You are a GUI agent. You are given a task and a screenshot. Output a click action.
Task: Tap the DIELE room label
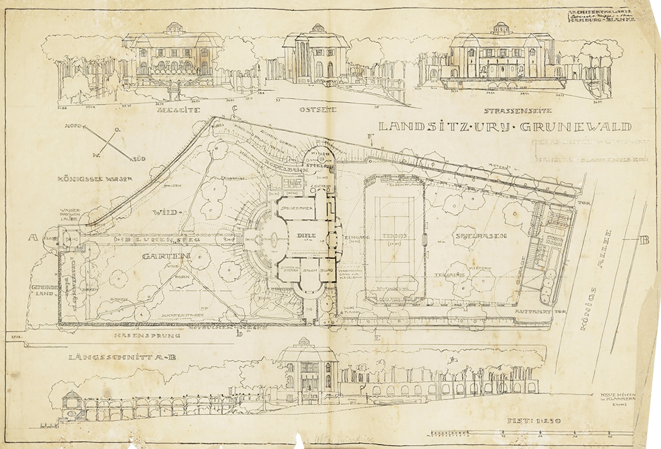(308, 235)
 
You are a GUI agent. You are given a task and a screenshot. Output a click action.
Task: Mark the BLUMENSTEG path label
(156, 240)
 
